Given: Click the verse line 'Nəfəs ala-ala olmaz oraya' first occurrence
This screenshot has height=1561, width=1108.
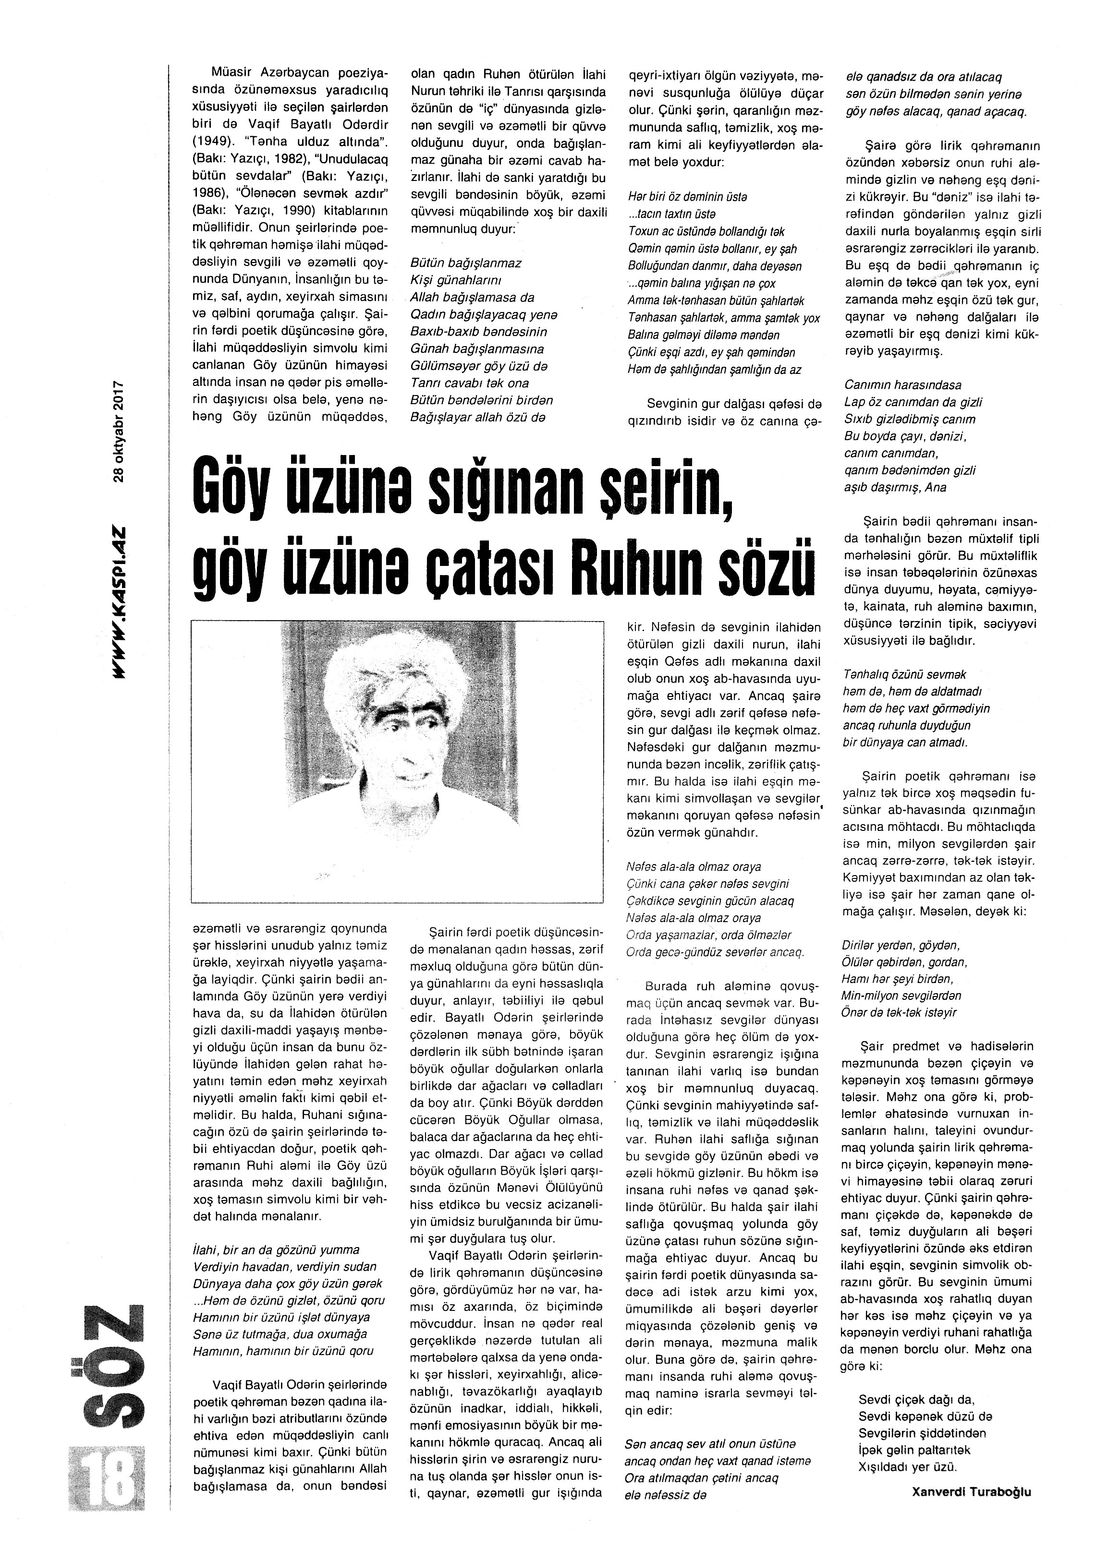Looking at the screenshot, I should coord(693,867).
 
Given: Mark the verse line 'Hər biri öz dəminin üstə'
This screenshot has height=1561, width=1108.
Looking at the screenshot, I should coord(687,196).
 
